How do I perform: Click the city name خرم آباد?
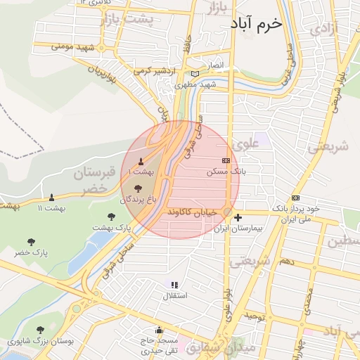(255, 23)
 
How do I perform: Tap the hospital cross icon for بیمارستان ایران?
(238, 217)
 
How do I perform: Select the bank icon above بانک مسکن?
(225, 160)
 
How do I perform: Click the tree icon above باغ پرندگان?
(137, 188)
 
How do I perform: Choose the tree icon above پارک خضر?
(30, 240)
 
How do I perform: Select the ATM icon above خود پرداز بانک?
(295, 198)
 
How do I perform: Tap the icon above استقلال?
(174, 285)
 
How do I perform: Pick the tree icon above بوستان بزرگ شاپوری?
(40, 329)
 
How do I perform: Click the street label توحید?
(256, 317)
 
